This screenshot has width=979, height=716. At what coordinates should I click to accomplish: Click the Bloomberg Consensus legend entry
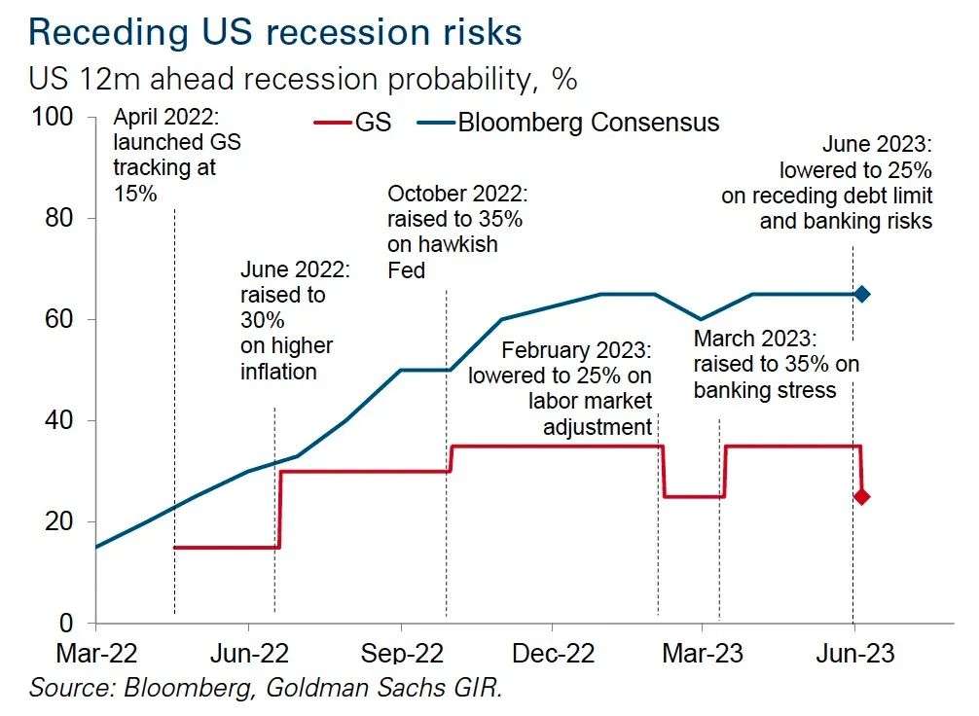pos(568,124)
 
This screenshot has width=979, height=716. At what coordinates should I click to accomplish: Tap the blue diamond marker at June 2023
pos(861,294)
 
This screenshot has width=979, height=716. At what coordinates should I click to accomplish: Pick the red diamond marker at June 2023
pos(861,497)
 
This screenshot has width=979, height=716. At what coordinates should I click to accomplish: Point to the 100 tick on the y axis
pos(54,118)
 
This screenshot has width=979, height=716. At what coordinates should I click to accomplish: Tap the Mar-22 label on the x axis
pos(96,652)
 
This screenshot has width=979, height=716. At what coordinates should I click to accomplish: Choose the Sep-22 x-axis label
pos(401,652)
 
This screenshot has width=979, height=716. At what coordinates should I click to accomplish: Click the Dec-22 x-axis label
pos(551,652)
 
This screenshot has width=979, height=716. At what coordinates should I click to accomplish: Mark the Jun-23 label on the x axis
pos(854,652)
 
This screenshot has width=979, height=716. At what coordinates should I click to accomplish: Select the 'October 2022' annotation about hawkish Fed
pos(456,232)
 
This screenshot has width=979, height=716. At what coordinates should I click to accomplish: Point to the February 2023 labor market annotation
pos(560,387)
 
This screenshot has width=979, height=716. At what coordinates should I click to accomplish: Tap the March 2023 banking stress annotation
pos(777,365)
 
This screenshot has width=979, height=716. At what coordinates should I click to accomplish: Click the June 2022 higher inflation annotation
pos(287,320)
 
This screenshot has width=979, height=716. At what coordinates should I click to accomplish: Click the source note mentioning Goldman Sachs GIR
pos(266,689)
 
